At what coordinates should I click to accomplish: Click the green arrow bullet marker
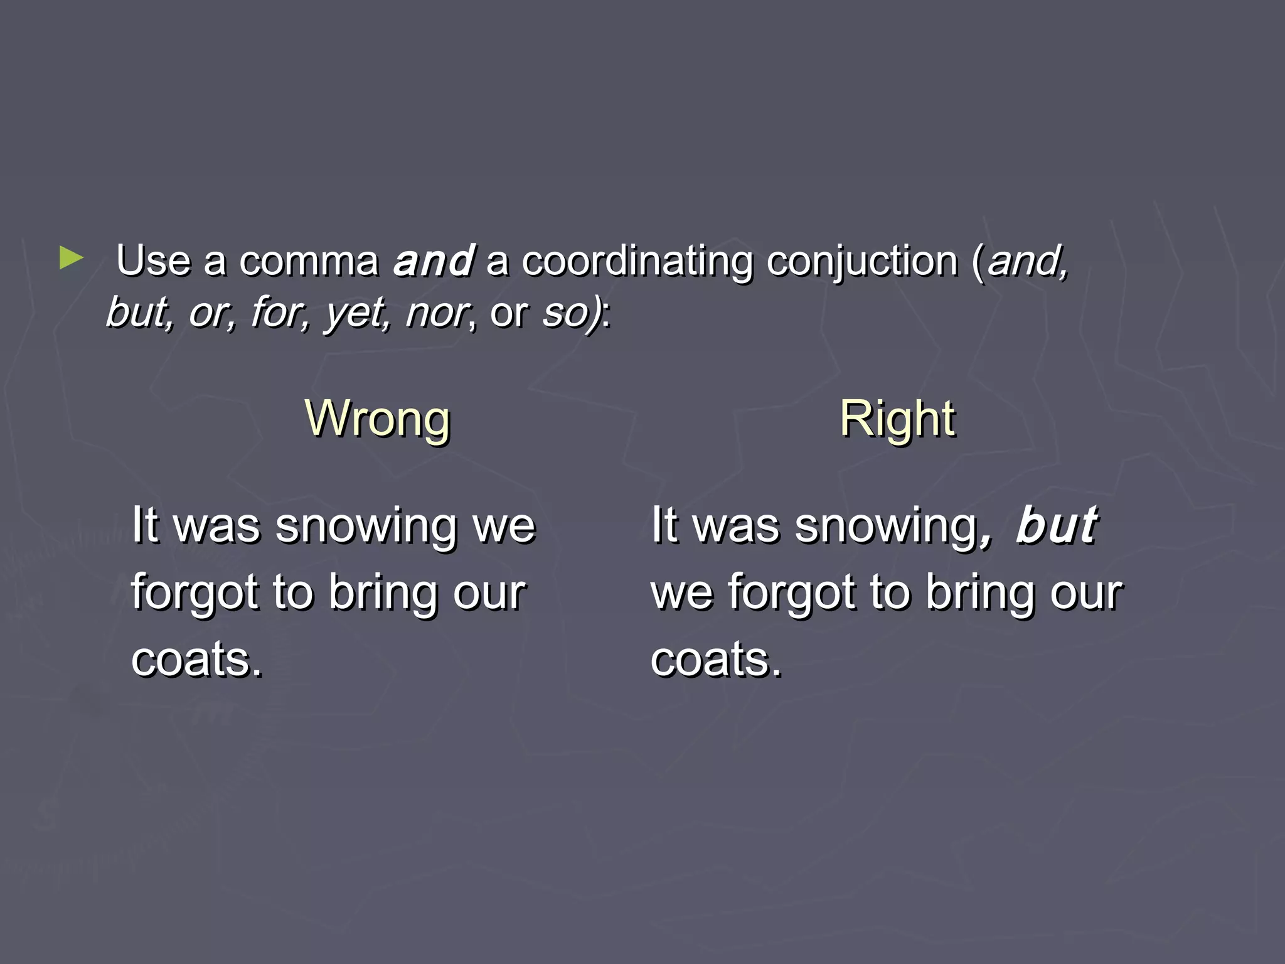point(72,258)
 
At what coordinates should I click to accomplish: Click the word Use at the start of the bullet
point(153,260)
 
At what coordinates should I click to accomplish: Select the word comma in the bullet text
point(309,260)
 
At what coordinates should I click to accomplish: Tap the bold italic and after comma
point(434,260)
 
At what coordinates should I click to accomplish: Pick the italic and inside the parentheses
point(1026,260)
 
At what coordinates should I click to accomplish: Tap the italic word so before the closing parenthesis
point(563,312)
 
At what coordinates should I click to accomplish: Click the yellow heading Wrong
point(377,419)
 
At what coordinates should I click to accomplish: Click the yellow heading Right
point(897,419)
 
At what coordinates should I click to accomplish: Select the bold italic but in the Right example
point(1057,525)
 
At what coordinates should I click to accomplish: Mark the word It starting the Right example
point(665,525)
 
